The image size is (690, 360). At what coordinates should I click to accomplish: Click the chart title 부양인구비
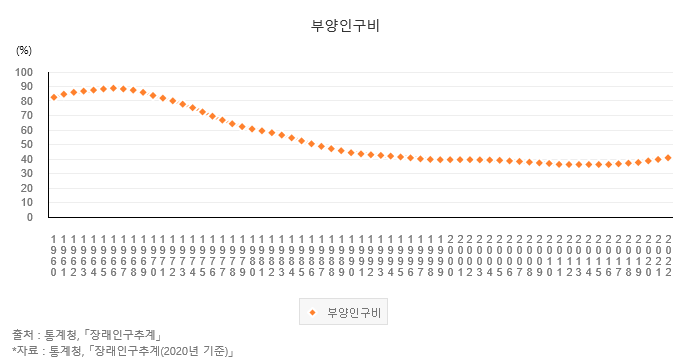[344, 27]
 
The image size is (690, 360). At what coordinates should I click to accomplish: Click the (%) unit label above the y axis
[24, 49]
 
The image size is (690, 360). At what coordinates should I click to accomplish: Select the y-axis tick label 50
[28, 145]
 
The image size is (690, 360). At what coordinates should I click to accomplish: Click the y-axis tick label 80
[28, 101]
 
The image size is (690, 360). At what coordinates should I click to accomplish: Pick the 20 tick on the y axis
[28, 188]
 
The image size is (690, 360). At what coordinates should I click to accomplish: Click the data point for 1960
[54, 97]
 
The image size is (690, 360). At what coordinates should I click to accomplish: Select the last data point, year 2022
[668, 157]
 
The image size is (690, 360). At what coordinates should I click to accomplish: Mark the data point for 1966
[113, 88]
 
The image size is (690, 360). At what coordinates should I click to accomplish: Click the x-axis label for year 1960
[54, 255]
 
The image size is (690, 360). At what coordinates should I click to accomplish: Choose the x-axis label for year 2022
[668, 255]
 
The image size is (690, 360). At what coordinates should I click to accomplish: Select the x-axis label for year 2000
[450, 255]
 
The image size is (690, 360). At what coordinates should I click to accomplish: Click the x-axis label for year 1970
[153, 255]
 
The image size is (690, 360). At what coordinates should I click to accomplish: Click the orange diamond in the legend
[312, 313]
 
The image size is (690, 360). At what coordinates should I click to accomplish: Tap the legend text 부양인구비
[353, 313]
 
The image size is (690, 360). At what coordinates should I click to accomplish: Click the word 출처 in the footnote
[23, 334]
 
